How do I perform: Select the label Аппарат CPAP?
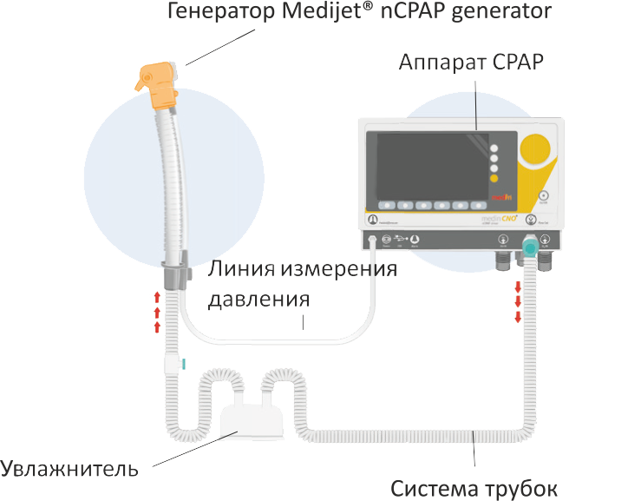[471, 63]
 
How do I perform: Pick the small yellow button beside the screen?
[494, 179]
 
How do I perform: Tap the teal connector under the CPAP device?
[528, 248]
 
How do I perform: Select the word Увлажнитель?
[69, 470]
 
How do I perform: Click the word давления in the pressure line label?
[259, 300]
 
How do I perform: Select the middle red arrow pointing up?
[157, 312]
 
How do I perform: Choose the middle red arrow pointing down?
[518, 301]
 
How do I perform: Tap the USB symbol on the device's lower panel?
[399, 240]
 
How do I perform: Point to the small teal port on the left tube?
[183, 363]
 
